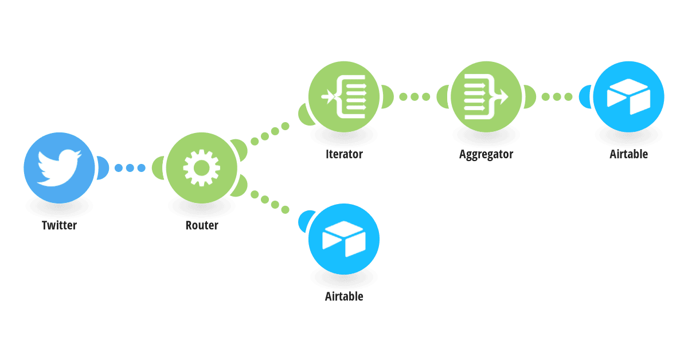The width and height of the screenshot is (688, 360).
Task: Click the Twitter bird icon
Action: pos(59,168)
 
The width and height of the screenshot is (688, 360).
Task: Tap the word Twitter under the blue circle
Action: pos(59,225)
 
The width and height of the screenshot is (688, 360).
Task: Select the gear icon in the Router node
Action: pos(201,168)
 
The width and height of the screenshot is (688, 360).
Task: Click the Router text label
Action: pos(202,225)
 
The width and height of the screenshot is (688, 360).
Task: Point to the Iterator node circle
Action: pos(344,97)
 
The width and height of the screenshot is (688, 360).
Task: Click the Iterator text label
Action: pos(344,154)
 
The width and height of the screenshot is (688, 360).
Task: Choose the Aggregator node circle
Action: pos(486,97)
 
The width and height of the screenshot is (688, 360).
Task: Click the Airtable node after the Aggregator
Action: pos(629,97)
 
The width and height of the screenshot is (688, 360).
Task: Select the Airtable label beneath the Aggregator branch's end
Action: pos(629,154)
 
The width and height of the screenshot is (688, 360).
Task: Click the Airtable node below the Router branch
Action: pos(344,239)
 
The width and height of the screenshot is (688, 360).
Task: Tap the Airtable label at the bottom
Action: pos(344,296)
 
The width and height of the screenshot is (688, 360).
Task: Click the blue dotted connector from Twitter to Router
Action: pos(130,168)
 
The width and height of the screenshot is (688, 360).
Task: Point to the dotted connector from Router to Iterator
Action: pos(270,134)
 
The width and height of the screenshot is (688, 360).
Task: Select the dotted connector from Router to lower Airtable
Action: pos(270,202)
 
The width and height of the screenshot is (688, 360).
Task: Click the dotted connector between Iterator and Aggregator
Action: pos(415,97)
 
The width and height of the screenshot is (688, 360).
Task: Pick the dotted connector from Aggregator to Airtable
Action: pos(557,97)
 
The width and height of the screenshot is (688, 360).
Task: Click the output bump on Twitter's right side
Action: pos(103,168)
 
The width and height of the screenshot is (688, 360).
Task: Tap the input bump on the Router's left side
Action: pos(158,168)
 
